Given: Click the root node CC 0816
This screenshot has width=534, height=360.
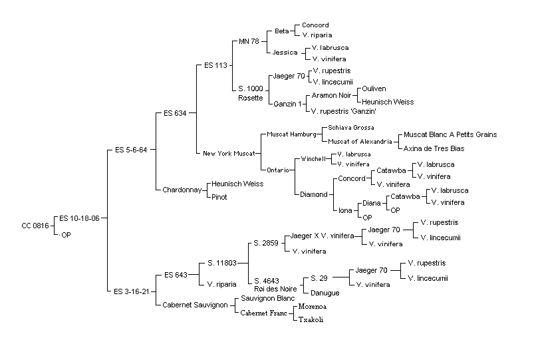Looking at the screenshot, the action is [x=35, y=226].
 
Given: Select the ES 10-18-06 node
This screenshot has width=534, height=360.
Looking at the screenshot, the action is [x=79, y=218].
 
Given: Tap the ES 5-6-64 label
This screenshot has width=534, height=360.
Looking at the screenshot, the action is [x=131, y=150].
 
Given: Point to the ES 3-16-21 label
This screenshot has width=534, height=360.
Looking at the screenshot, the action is [x=132, y=291].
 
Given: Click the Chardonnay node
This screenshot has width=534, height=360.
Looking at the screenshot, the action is [x=182, y=190].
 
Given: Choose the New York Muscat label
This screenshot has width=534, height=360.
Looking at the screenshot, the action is [x=229, y=154].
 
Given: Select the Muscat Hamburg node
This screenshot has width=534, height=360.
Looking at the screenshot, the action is [x=291, y=134].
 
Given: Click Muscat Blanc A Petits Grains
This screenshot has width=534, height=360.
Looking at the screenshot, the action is [x=450, y=134].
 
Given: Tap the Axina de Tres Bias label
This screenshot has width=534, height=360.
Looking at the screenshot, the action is [x=434, y=148].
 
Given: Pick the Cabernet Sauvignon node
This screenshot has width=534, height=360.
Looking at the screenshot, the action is [x=195, y=305].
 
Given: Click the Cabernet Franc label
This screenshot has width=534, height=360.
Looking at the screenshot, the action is [x=263, y=313].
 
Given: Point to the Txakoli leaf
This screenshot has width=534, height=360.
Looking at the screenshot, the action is [x=311, y=320].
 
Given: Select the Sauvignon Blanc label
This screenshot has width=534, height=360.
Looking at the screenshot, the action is [x=268, y=298].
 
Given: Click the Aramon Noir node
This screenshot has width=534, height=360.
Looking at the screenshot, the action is [x=331, y=95].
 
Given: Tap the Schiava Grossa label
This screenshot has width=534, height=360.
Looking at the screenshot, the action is [x=350, y=128].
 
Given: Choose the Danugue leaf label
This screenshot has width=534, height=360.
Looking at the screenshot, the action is [x=325, y=293].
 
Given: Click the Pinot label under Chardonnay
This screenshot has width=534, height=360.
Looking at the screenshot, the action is [x=219, y=197].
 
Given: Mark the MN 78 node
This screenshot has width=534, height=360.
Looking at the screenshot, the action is [x=249, y=41].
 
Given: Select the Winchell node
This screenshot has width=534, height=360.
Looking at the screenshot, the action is [x=313, y=159].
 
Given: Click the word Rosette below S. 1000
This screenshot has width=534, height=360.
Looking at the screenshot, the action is [x=251, y=98].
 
